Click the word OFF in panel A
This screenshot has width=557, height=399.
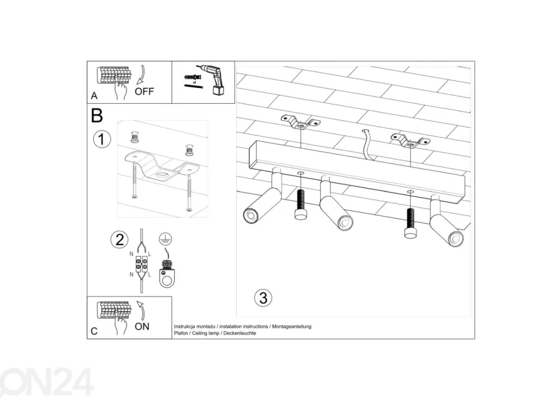click(x=144, y=92)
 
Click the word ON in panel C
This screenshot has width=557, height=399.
click(x=142, y=327)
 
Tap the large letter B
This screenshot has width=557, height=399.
click(x=97, y=115)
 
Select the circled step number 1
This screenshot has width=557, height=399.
click(x=102, y=139)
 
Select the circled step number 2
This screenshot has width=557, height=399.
click(x=120, y=239)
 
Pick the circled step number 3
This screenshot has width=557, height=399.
click(x=263, y=298)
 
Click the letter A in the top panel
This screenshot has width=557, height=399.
click(x=94, y=96)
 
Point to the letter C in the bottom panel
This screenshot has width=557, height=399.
click(x=94, y=331)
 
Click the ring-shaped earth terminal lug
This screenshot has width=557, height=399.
click(x=167, y=278)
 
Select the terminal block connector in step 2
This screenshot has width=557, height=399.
click(x=141, y=264)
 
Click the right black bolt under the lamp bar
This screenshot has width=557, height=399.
click(x=410, y=223)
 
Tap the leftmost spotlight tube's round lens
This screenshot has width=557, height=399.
click(x=250, y=216)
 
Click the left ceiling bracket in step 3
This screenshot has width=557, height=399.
click(x=301, y=122)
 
